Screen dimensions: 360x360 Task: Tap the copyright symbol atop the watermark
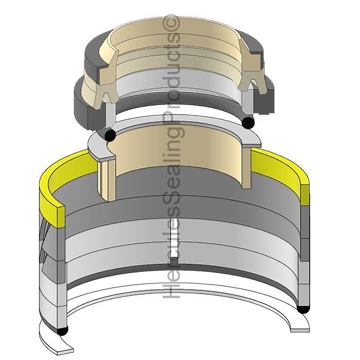tap(175, 23)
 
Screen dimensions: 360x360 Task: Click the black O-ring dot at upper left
tap(110, 135)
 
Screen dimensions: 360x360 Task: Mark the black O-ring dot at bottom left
tap(61, 331)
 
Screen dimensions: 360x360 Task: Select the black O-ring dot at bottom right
tap(304, 309)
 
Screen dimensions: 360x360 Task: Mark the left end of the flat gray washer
tap(96, 148)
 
